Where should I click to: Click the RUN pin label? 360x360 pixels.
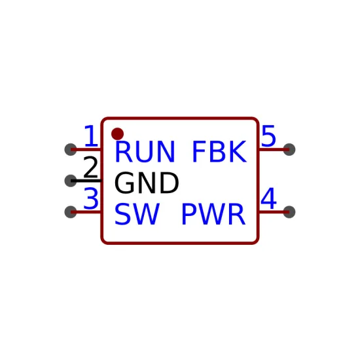tap(145, 152)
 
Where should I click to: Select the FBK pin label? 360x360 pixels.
tap(220, 152)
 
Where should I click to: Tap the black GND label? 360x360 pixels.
tap(147, 183)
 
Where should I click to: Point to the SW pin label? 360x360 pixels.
tap(137, 214)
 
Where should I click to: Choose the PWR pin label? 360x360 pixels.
tap(213, 214)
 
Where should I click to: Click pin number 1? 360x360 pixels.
tap(91, 136)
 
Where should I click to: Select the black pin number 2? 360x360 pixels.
tap(91, 167)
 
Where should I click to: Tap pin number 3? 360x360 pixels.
tap(91, 198)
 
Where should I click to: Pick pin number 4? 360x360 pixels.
tap(268, 198)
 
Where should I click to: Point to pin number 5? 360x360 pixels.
tap(268, 136)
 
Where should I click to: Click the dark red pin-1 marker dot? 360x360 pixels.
tap(117, 134)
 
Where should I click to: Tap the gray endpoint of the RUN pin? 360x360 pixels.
tap(71, 149)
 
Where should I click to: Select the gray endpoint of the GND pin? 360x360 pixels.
tap(71, 181)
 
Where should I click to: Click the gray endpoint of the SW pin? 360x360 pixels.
tap(71, 211)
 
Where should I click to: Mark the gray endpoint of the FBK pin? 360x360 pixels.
tap(289, 149)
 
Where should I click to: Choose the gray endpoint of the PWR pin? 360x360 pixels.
tap(289, 211)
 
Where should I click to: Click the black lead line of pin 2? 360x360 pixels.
tap(86, 181)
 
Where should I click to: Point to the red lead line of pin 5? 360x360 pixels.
tap(274, 149)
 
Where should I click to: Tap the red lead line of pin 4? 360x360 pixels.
tap(274, 211)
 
